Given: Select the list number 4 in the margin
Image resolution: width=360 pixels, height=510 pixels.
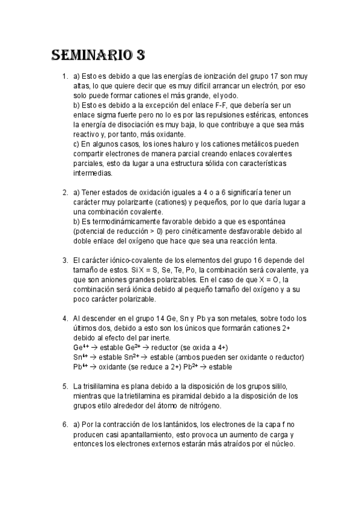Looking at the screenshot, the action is pos(65,318).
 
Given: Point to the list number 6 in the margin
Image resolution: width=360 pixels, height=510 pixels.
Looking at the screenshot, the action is pos(65,425).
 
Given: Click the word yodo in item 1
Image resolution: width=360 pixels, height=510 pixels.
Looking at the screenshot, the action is pos(228,96).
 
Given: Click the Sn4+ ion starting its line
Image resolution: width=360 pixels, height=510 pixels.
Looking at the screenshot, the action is pos(80,357).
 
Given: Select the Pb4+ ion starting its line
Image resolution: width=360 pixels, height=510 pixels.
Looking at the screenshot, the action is pos(80,366).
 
